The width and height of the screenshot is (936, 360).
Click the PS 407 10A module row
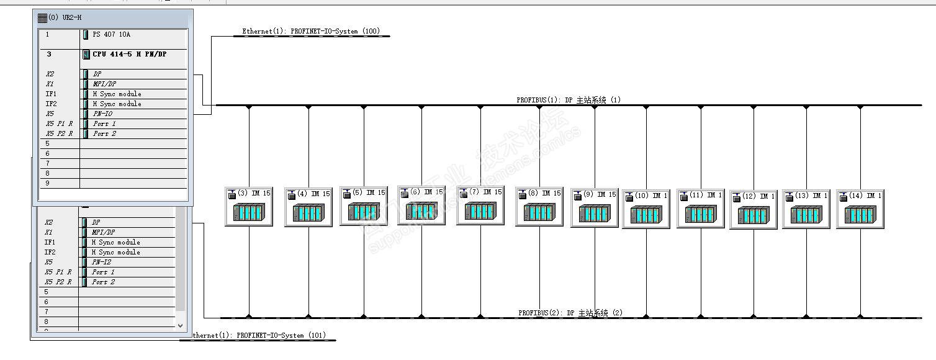click(112, 35)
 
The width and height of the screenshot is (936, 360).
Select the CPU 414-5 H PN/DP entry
click(130, 55)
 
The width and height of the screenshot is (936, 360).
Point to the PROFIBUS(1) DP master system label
click(569, 100)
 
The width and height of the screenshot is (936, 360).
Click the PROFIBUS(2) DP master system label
click(570, 313)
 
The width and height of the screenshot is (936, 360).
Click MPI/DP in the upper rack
click(105, 84)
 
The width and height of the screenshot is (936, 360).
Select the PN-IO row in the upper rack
click(102, 114)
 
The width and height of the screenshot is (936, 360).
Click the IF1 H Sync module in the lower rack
click(115, 242)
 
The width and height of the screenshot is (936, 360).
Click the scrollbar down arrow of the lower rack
click(181, 325)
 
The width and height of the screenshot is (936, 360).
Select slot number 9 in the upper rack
click(48, 183)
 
